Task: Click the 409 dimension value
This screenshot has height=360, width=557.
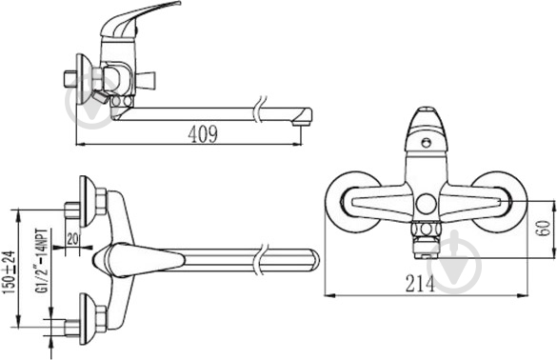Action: pos(203,134)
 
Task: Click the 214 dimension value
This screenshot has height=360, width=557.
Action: pos(420,284)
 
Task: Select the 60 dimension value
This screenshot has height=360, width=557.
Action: pos(543,229)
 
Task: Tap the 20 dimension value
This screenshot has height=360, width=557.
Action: pos(72,238)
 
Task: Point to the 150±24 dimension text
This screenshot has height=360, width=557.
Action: pos(10,272)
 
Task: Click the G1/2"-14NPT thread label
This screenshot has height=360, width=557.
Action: pos(42,261)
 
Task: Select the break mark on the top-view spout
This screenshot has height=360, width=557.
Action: pos(261,259)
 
